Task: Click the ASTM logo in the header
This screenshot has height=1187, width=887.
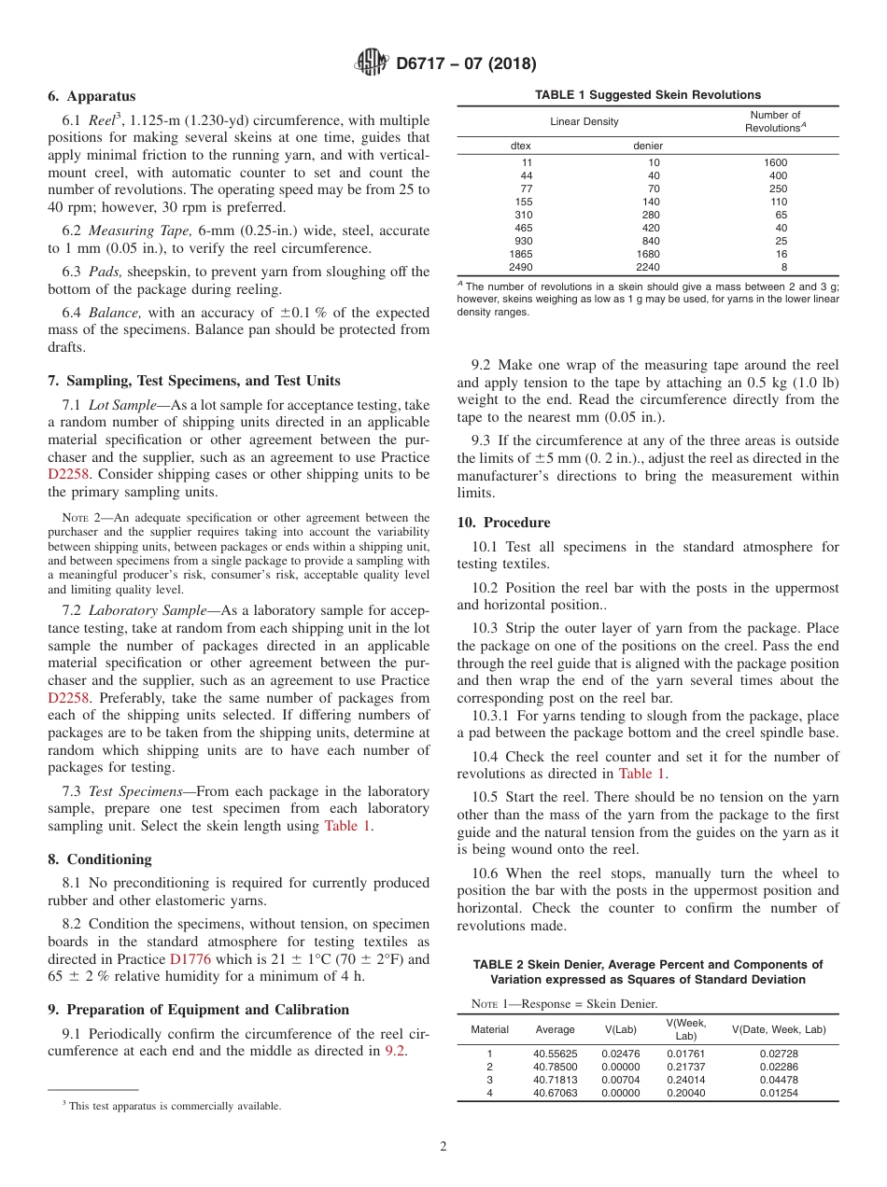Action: coord(373,63)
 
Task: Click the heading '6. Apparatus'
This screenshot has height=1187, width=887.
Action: coord(92,96)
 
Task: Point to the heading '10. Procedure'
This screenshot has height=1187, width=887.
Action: coord(503,523)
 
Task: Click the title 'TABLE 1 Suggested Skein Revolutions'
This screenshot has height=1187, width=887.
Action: coord(647,95)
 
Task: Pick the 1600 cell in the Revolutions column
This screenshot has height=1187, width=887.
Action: coord(775,162)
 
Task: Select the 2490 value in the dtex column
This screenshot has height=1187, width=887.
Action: coord(520,267)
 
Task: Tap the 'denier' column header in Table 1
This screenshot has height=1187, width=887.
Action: coord(648,146)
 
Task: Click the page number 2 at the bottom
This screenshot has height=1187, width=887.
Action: coord(443,1147)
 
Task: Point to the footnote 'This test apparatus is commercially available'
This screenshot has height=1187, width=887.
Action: coord(175,1106)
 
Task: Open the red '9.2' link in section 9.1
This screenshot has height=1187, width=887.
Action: coord(395,1052)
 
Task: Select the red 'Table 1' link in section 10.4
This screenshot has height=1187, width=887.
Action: coord(641,774)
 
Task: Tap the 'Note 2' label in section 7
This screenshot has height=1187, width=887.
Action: coord(82,518)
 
